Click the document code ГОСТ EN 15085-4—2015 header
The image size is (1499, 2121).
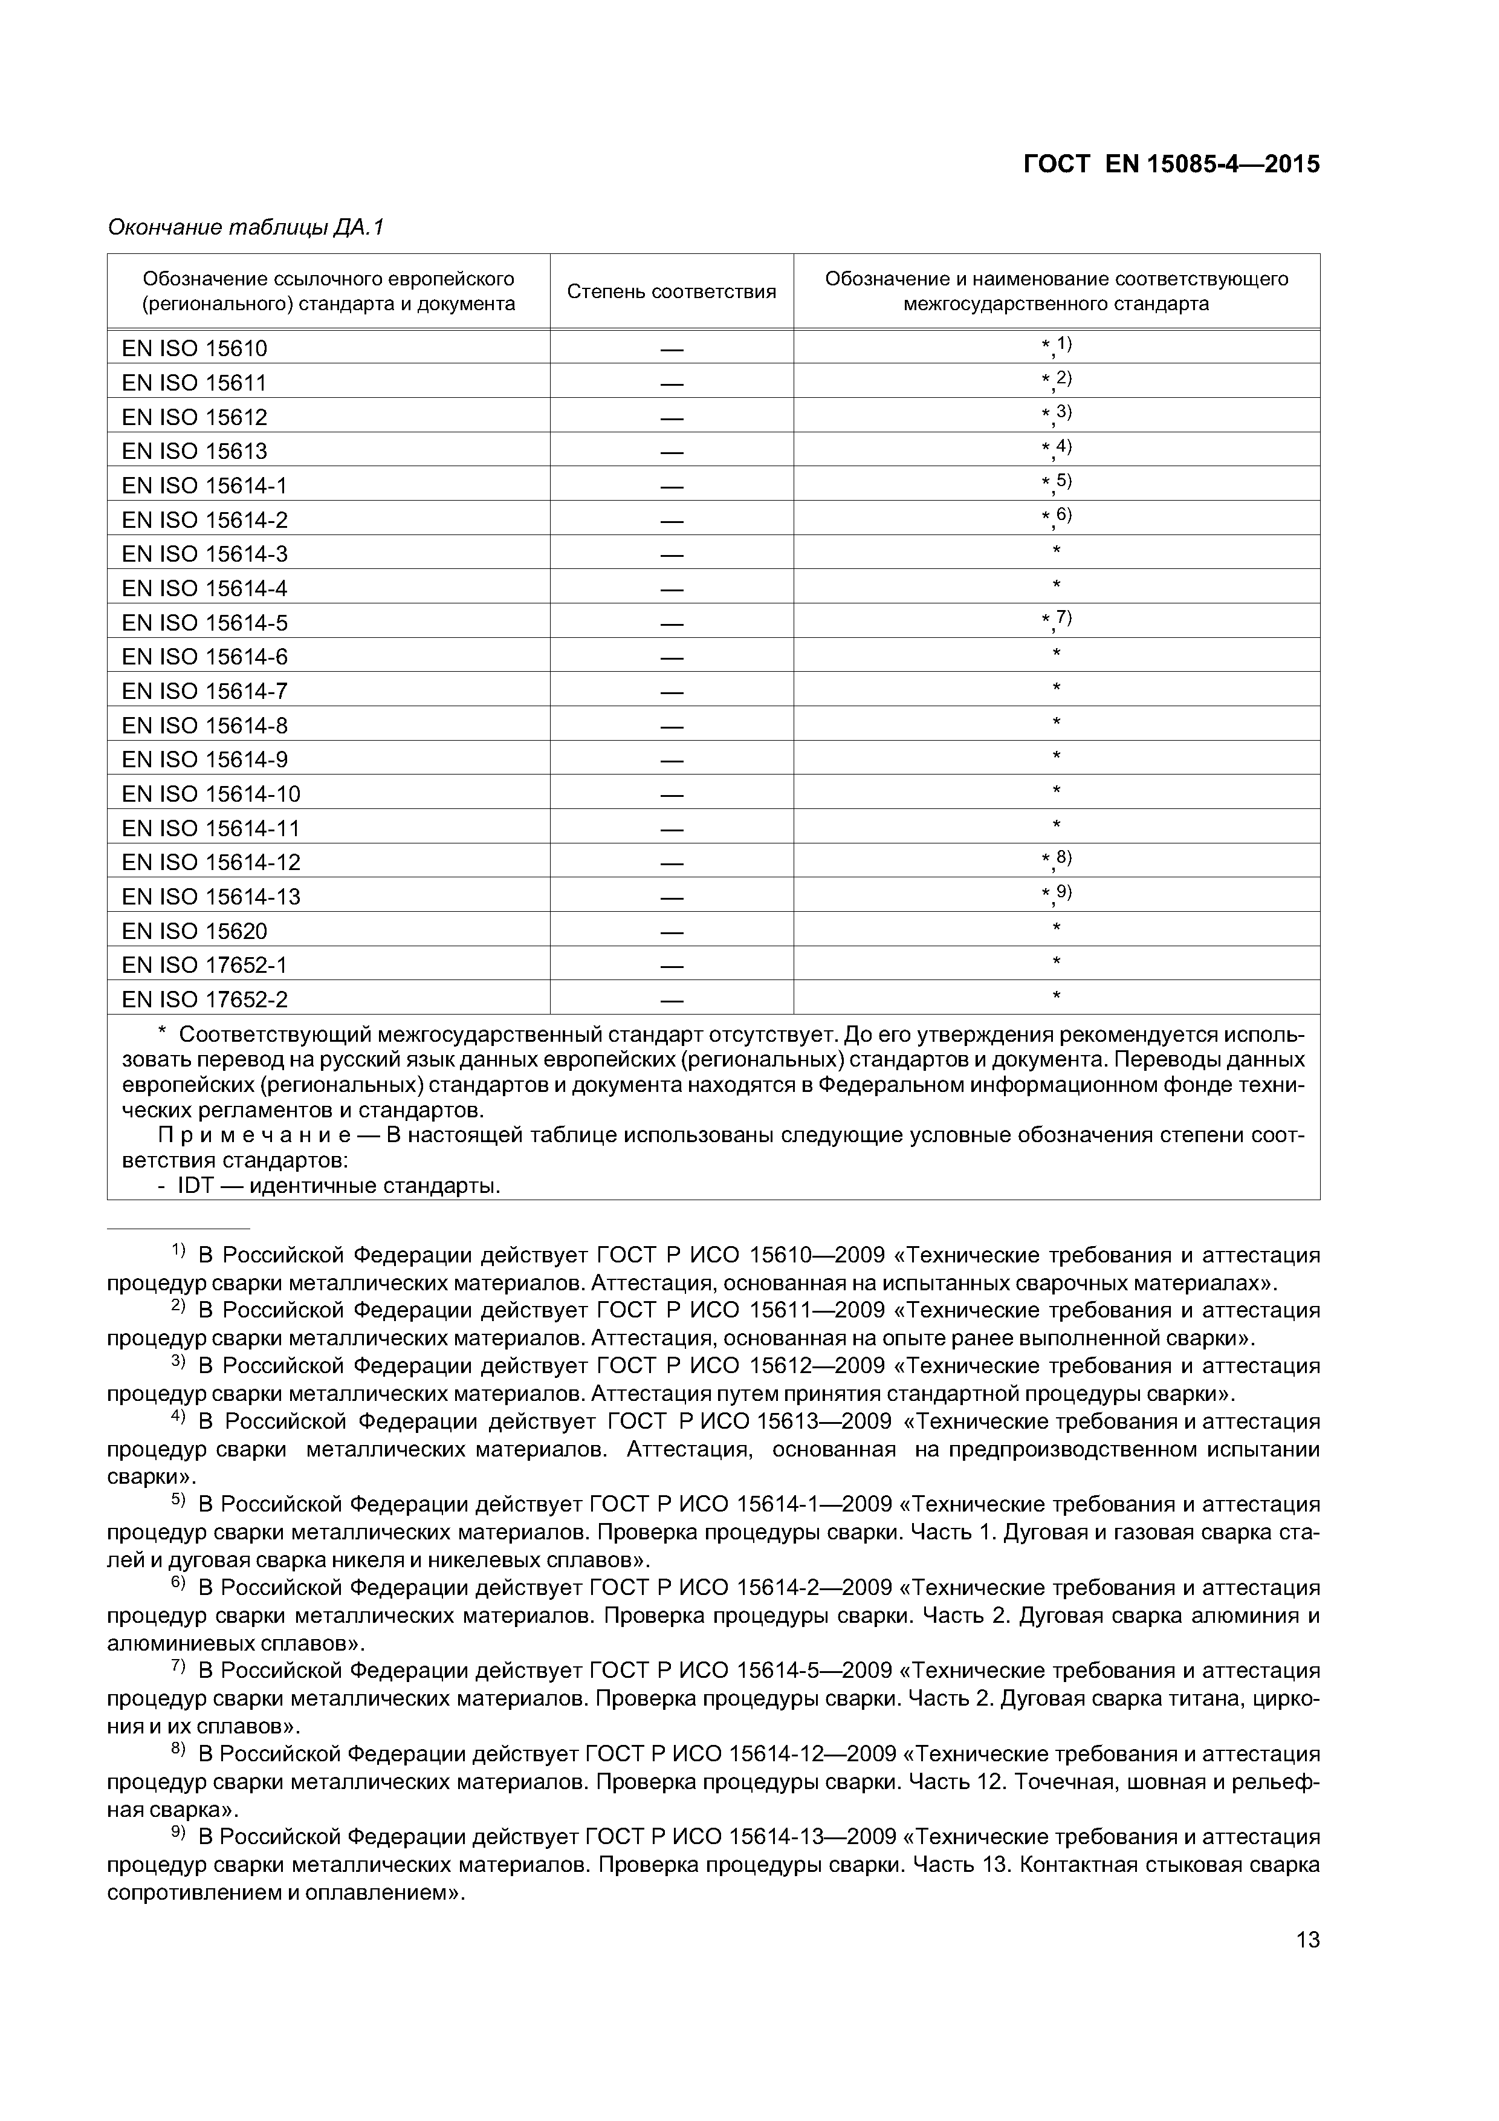[x=1171, y=164]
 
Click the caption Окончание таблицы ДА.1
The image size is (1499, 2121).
[x=245, y=227]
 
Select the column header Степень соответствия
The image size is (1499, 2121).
[x=672, y=292]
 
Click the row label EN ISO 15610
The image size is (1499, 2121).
[x=195, y=348]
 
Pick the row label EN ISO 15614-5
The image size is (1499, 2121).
[x=205, y=623]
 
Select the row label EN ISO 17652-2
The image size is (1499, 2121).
[x=205, y=999]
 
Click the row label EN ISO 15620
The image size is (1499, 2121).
[x=195, y=931]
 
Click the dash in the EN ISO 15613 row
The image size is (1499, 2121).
[x=672, y=452]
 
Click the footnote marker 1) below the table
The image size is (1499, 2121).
[x=179, y=1252]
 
